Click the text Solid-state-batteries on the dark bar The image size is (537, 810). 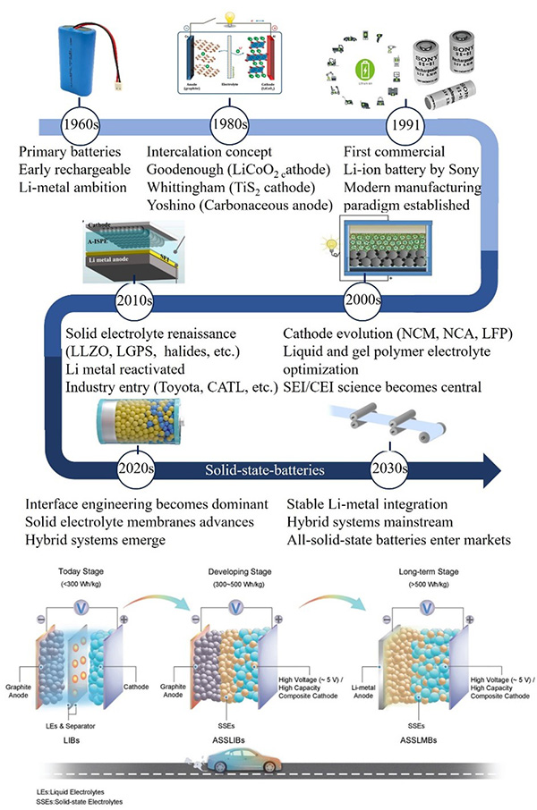click(262, 467)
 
